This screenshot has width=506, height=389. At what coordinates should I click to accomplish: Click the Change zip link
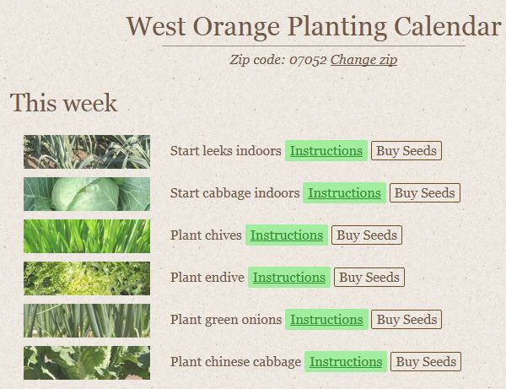[x=363, y=60]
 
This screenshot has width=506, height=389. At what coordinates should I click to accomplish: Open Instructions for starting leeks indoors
[x=326, y=151]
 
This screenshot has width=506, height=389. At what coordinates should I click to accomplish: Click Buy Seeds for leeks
[x=406, y=151]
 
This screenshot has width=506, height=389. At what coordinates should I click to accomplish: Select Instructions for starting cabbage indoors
[x=344, y=193]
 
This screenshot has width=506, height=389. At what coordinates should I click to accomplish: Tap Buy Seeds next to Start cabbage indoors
[x=425, y=193]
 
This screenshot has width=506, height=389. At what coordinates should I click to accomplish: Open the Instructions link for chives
[x=287, y=235]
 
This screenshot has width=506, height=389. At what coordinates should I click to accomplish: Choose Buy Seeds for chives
[x=367, y=235]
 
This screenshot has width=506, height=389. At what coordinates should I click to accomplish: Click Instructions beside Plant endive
[x=289, y=278]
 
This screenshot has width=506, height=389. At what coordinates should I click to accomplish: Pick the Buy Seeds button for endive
[x=369, y=278]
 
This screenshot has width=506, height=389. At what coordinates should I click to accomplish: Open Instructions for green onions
[x=326, y=320]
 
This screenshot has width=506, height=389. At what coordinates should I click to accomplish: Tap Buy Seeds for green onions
[x=406, y=320]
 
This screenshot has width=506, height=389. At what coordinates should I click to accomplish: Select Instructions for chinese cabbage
[x=346, y=362]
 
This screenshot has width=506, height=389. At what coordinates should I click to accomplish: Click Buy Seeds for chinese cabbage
[x=426, y=362]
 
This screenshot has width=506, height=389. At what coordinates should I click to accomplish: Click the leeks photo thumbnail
[x=87, y=152]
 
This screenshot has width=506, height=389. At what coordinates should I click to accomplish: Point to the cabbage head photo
[x=87, y=194]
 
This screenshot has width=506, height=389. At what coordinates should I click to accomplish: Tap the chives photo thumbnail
[x=87, y=236]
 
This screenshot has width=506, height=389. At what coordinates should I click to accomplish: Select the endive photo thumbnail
[x=87, y=278]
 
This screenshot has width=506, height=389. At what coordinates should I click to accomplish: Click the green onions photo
[x=87, y=321]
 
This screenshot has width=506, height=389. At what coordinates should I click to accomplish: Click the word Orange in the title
[x=236, y=27]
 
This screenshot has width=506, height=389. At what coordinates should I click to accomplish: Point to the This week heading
[x=63, y=103]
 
